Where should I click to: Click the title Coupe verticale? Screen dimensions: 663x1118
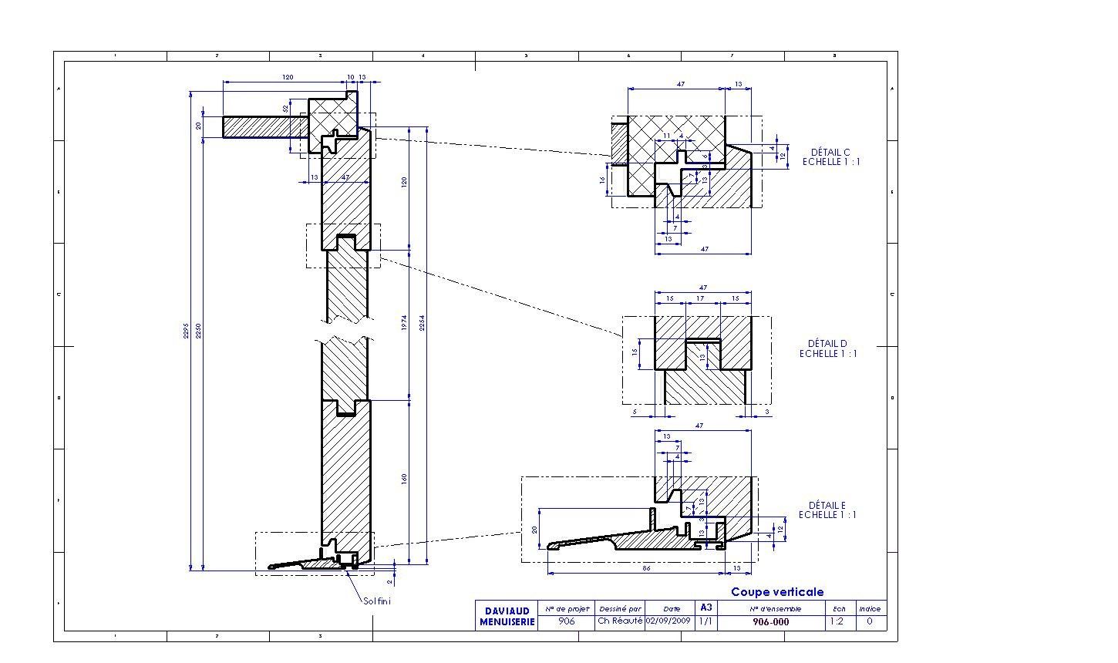777,592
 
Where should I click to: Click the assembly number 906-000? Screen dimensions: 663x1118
770,621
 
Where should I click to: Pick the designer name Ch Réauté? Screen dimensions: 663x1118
619,621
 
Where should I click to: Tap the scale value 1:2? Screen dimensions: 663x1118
838,621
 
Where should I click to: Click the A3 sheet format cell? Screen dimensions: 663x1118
705,607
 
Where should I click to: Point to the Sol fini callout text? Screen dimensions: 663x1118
377,601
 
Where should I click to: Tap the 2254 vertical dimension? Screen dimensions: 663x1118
422,324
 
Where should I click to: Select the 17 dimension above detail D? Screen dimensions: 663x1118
699,298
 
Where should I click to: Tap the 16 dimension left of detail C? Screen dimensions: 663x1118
602,180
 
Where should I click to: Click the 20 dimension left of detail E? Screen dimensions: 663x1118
534,529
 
